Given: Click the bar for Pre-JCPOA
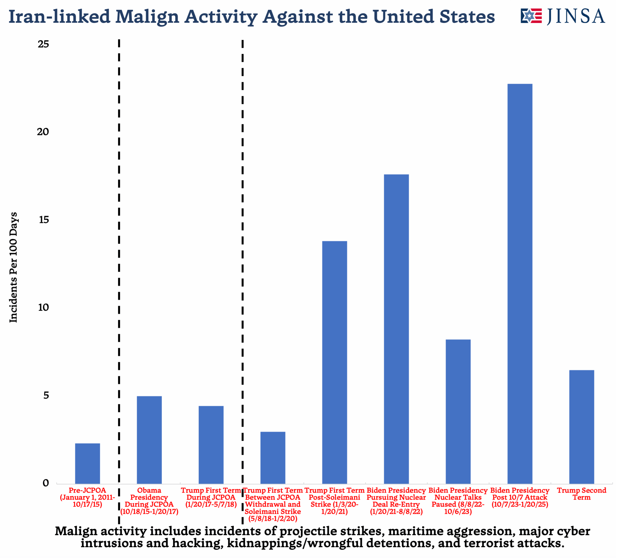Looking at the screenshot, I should click(87, 463).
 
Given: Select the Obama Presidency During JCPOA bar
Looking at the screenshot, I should click(149, 440).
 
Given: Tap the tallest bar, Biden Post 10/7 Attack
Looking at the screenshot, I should click(520, 284).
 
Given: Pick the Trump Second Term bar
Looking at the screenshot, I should click(582, 427).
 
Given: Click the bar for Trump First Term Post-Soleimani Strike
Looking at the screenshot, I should click(335, 362).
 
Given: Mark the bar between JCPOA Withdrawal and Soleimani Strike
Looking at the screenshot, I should click(273, 458).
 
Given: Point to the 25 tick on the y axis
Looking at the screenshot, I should click(43, 44).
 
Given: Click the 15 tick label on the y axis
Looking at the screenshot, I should click(43, 220).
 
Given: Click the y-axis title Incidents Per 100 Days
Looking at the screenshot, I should click(13, 267).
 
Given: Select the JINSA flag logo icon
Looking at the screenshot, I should click(531, 16).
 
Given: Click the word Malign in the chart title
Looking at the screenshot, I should click(147, 17).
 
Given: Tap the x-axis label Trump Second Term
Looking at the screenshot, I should click(582, 494).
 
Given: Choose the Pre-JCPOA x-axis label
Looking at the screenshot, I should click(87, 497).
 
